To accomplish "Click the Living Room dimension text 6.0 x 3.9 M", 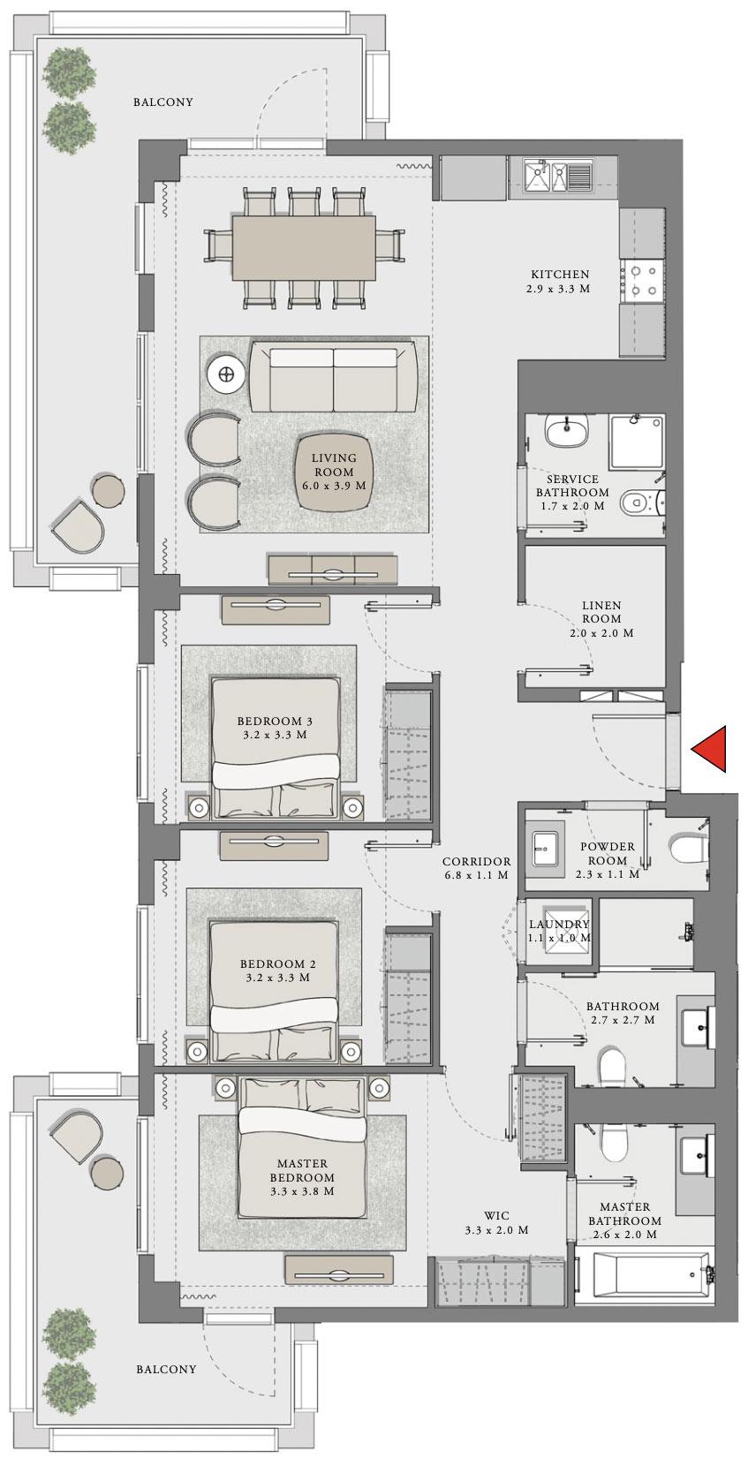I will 334,485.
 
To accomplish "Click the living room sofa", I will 334,378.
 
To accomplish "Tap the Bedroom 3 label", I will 262,721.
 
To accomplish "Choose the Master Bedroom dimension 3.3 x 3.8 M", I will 302,1190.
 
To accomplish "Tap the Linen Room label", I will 601,606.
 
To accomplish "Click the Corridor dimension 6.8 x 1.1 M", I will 477,875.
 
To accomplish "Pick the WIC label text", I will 497,1216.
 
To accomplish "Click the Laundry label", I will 559,925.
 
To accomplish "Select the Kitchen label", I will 559,275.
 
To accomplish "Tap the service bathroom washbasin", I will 564,432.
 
